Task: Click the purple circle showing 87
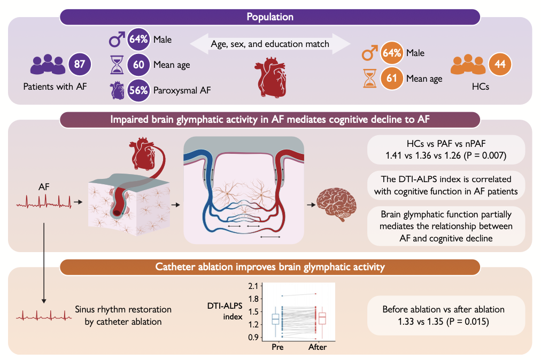[x=80, y=64]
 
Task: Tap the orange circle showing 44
[x=500, y=64]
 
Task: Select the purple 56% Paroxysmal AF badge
[x=138, y=90]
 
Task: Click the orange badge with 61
[x=392, y=79]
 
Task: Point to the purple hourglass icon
[x=117, y=65]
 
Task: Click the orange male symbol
[x=369, y=53]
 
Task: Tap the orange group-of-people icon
[x=468, y=65]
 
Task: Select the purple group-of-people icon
[x=48, y=65]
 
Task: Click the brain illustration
[x=336, y=205]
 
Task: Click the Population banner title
[x=270, y=17]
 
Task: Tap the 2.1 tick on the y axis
[x=253, y=286]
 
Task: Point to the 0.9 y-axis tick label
[x=253, y=337]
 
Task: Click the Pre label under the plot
[x=277, y=347]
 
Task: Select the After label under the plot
[x=318, y=347]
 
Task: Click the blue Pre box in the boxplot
[x=275, y=319]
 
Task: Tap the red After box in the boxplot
[x=322, y=318]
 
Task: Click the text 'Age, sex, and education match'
[x=270, y=44]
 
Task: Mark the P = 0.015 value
[x=468, y=322]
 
